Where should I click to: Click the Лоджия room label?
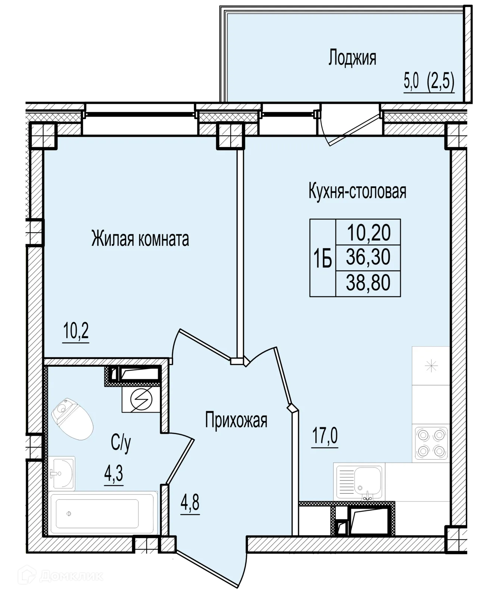(352, 57)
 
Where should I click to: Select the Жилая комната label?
(140, 239)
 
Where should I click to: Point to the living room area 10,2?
(76, 331)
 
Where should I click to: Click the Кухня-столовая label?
(357, 191)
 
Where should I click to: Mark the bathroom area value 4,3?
(113, 472)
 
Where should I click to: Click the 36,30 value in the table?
(368, 257)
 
